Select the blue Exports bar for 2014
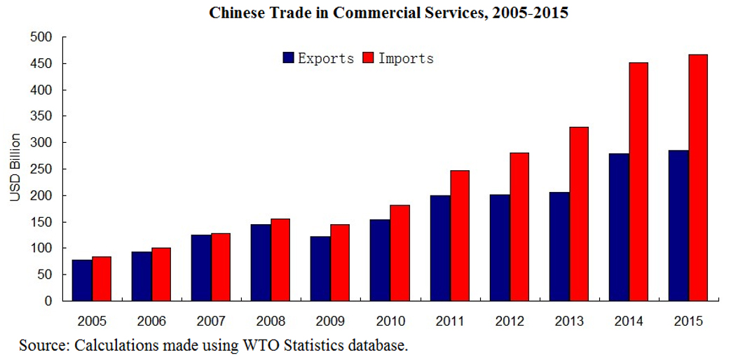tap(619, 227)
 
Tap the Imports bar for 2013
tap(579, 214)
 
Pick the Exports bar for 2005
tap(82, 280)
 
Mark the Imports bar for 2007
tap(221, 267)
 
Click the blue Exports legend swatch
tap(288, 58)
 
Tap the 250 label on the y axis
tap(45, 169)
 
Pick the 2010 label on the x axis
tap(390, 321)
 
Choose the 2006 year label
tap(151, 321)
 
